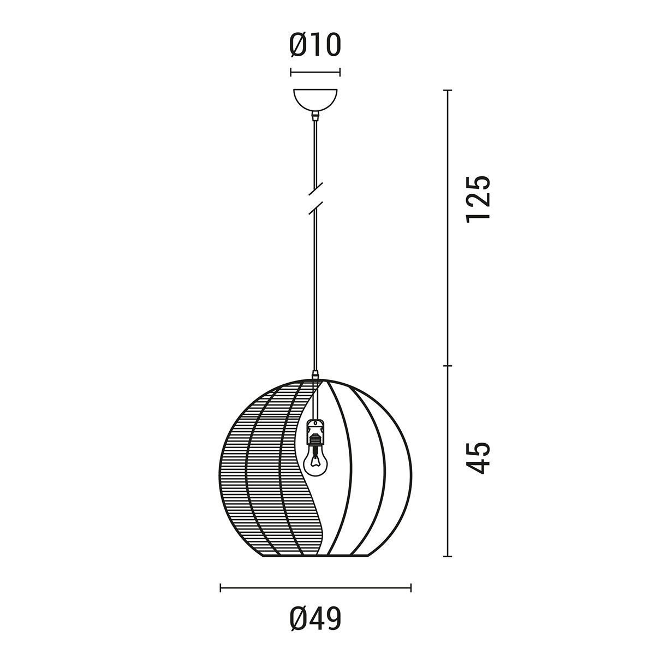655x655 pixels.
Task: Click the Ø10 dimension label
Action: pos(315,45)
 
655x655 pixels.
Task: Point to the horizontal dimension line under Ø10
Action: pos(315,72)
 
